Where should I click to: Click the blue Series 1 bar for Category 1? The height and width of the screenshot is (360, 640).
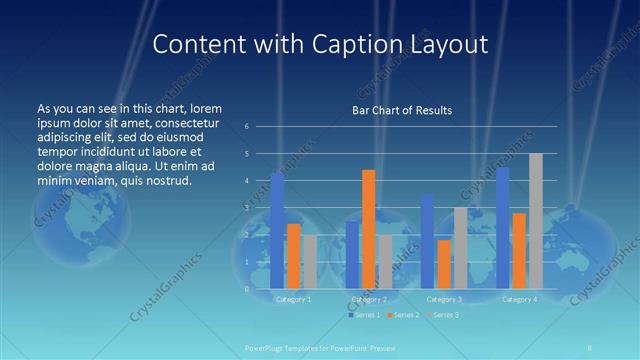pos(277,231)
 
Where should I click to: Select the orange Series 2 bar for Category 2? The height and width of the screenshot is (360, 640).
pos(369,229)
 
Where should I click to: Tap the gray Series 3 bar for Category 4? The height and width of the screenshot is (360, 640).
pos(535,221)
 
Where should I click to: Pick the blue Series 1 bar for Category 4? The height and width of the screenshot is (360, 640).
pos(502,228)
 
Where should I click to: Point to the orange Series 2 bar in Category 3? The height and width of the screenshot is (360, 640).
pos(444,264)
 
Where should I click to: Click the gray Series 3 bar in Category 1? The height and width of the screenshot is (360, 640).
pos(309,262)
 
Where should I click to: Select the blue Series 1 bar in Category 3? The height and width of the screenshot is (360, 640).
pos(427,241)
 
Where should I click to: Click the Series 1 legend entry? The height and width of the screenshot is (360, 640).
pos(363,315)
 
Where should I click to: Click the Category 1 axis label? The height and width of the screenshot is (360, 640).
pos(293,299)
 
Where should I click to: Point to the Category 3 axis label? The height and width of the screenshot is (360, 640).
pos(443,299)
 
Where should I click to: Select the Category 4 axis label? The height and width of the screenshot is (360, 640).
pos(519,299)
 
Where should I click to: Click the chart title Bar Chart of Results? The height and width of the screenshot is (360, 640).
pos(402,109)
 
